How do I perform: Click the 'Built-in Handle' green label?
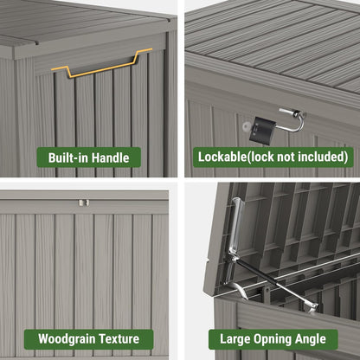coord(89,157)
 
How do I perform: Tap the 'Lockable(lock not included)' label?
coord(273,157)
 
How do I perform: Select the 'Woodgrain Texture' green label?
coord(89,338)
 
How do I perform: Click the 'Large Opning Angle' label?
coord(273,338)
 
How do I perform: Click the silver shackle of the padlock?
coord(290,119)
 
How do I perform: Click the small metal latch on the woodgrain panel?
coord(83,202)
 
